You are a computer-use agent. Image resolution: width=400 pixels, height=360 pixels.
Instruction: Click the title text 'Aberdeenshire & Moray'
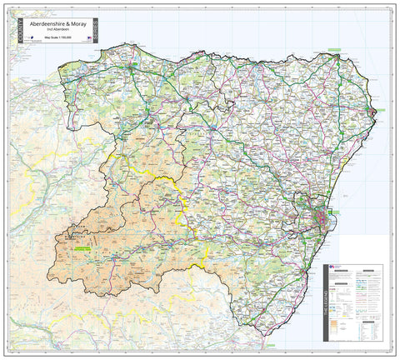60,25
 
